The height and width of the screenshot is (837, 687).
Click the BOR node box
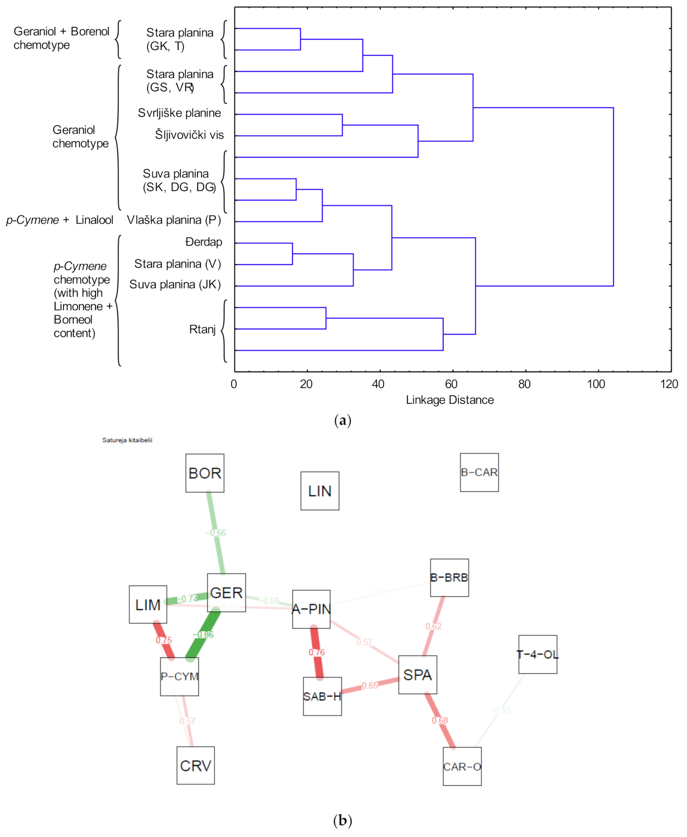205,473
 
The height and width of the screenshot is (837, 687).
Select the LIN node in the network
320,491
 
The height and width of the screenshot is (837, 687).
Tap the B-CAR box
479,472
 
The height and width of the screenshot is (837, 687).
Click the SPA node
417,675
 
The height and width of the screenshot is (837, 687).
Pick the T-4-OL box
538,654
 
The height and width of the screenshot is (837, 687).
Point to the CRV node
196,766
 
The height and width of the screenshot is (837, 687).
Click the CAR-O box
462,767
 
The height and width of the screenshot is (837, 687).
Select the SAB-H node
322,696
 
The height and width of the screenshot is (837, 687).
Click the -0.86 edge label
203,635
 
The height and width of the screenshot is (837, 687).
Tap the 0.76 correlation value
317,652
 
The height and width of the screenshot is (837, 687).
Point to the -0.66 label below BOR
216,533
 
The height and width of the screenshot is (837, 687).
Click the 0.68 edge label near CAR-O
440,720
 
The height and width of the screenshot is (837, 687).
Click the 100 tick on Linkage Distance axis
596,384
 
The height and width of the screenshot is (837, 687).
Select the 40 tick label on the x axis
378,384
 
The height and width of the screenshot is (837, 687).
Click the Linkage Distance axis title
450,400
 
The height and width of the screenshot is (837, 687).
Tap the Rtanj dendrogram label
202,329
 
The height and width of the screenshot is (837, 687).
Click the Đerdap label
204,242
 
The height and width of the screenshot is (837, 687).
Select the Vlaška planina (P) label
174,220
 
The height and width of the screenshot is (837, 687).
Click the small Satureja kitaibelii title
127,440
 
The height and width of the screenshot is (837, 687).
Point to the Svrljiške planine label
179,113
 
